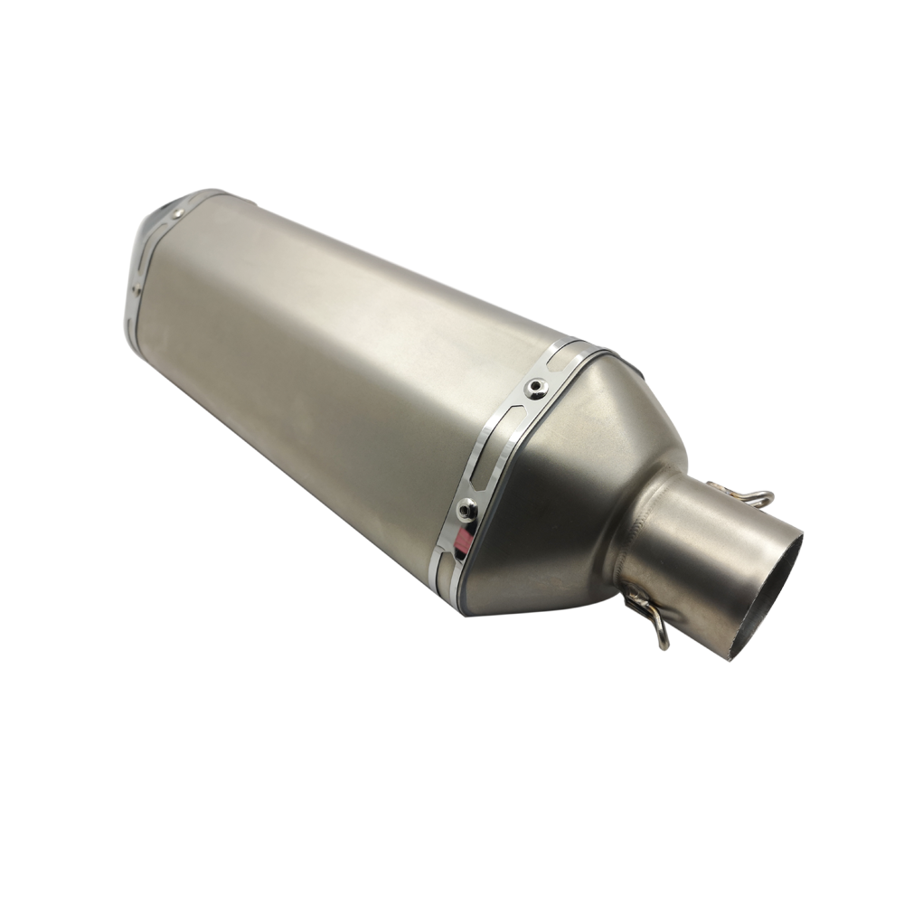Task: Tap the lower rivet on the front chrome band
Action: (467, 511)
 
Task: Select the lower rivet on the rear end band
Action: (135, 290)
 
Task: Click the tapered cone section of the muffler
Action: (579, 470)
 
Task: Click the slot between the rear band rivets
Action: (154, 249)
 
